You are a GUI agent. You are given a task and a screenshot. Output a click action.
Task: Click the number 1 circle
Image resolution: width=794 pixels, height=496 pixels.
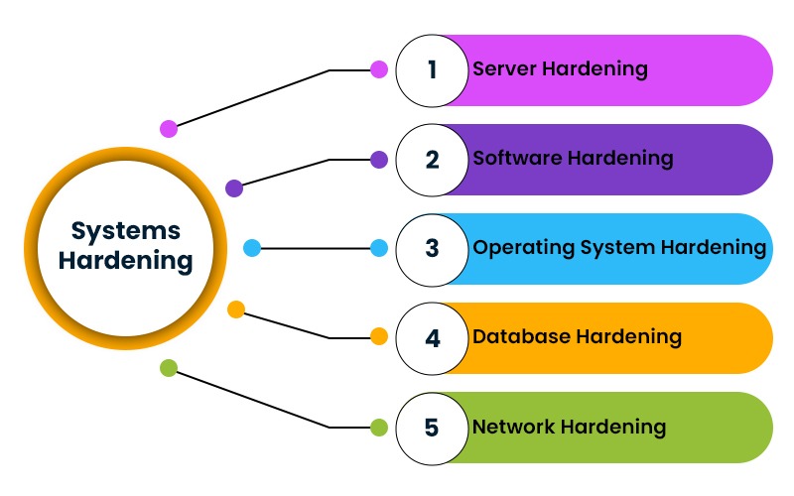432,70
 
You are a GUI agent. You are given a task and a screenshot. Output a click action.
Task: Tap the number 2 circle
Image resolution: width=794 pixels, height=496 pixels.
432,160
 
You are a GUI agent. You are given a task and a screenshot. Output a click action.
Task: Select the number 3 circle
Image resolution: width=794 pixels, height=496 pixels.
432,249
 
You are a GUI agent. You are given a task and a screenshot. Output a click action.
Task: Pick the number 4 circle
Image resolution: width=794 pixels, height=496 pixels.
432,338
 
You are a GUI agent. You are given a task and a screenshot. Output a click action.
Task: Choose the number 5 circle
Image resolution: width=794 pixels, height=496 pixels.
432,428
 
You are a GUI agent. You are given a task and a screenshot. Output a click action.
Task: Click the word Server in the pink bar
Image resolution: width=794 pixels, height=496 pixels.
502,69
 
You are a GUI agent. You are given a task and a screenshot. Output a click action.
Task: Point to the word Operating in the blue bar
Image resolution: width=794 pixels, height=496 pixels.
518,248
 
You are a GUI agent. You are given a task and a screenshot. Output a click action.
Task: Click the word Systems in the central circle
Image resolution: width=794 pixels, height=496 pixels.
126,230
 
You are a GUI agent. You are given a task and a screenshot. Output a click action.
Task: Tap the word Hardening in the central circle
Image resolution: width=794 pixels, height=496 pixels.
126,262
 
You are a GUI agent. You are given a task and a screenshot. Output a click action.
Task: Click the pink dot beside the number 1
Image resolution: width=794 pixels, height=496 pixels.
378,70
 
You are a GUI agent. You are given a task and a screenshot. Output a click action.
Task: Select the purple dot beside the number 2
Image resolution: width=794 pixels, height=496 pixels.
378,160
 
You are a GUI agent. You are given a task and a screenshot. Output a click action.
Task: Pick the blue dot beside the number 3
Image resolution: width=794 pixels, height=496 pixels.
378,248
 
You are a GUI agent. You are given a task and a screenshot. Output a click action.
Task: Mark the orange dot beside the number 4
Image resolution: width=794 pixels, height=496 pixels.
378,337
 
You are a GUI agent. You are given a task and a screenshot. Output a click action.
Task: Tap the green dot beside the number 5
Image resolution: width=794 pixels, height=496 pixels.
378,428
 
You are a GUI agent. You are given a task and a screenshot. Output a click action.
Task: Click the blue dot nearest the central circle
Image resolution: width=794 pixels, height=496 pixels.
252,248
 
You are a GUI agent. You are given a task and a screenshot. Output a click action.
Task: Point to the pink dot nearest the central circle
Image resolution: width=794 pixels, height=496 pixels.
169,128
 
